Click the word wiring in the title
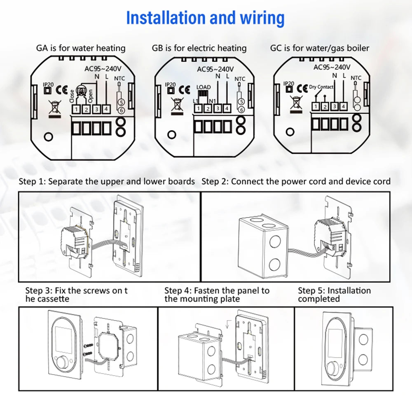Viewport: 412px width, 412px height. click(x=262, y=18)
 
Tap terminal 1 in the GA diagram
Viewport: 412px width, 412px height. click(x=76, y=109)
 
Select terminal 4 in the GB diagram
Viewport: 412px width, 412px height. click(x=227, y=108)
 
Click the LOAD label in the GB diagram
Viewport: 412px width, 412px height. click(x=204, y=87)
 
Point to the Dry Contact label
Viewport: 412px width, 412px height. click(x=321, y=87)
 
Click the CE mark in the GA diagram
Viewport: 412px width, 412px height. click(x=62, y=90)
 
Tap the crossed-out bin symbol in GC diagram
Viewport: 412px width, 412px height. click(x=296, y=104)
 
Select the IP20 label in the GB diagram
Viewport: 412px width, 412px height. click(x=170, y=84)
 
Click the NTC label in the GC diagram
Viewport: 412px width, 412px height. click(x=356, y=78)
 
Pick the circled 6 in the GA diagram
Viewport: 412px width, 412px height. click(x=121, y=110)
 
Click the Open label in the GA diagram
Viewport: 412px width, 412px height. click(x=90, y=96)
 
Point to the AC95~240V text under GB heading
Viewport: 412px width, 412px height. click(x=215, y=69)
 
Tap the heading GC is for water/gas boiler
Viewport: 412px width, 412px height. click(x=320, y=48)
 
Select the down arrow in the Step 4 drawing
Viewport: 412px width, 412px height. click(x=228, y=324)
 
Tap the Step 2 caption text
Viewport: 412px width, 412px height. click(x=296, y=181)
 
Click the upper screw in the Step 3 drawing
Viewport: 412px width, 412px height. click(x=88, y=345)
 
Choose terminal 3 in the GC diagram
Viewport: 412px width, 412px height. click(x=334, y=106)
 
